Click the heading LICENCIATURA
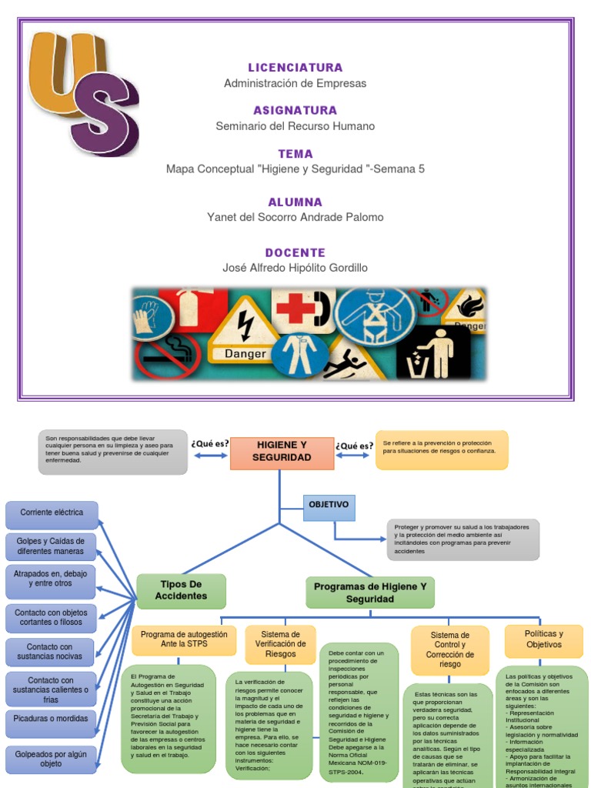click(x=295, y=68)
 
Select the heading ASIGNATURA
click(x=295, y=110)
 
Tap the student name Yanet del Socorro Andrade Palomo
click(x=295, y=217)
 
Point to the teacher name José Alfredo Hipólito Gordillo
click(x=295, y=267)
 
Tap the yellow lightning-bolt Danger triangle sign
click(x=245, y=334)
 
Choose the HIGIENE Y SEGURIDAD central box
click(x=283, y=452)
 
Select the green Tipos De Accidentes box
click(x=181, y=590)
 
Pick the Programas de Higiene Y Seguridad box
click(x=370, y=593)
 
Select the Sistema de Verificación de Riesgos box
click(x=280, y=643)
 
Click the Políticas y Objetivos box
click(x=543, y=639)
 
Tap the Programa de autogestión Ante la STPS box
click(x=184, y=639)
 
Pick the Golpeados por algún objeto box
click(x=51, y=759)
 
